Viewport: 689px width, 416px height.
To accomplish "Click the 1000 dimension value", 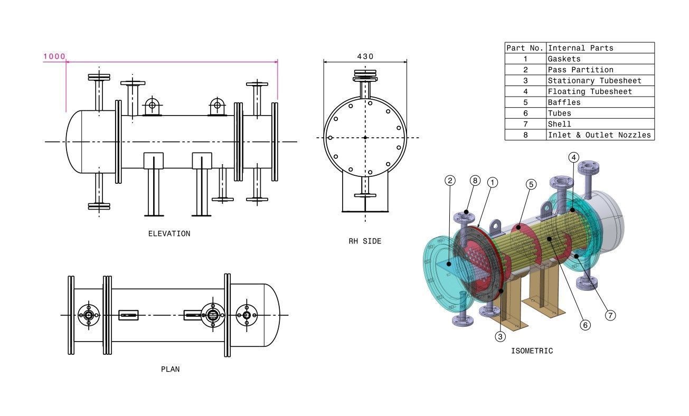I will tap(54, 56).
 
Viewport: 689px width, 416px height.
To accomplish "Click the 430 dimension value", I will tap(365, 56).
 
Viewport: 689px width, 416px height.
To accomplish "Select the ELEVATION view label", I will tap(169, 233).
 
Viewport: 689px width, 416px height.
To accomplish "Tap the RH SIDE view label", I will tap(364, 241).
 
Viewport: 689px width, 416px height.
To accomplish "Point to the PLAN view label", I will tap(170, 369).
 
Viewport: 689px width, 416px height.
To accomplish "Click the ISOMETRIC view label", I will tap(532, 351).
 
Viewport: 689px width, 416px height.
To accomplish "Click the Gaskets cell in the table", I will tap(564, 59).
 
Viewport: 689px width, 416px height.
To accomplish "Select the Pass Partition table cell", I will tap(580, 70).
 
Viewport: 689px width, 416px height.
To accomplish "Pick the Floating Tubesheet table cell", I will tap(589, 91).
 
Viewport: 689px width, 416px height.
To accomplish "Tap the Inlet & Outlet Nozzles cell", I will tap(599, 135).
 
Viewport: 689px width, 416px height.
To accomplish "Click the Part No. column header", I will tap(525, 48).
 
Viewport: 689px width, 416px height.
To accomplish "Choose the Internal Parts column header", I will tap(580, 48).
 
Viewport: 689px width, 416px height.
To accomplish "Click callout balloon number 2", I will tap(450, 181).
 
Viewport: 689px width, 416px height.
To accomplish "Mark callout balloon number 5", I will tap(531, 184).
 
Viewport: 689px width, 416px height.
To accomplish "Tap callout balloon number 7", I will tap(610, 315).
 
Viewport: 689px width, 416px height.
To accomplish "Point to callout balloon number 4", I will tap(574, 157).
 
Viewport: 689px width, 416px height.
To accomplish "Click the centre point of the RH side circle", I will tap(365, 138).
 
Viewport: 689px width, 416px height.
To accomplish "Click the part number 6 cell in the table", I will tap(525, 113).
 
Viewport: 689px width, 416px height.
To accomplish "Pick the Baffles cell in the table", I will tap(564, 102).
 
